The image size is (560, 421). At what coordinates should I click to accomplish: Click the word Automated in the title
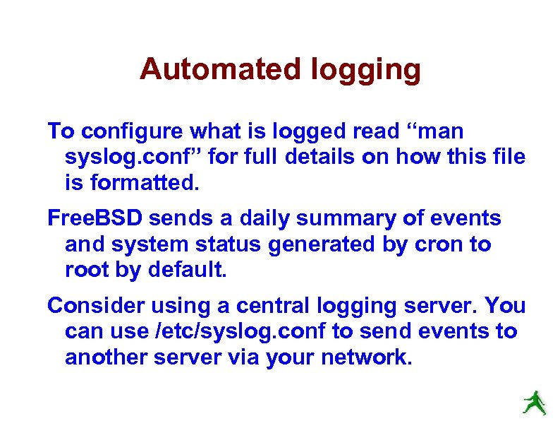pos(220,69)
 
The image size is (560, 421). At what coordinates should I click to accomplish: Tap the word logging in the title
pos(365,71)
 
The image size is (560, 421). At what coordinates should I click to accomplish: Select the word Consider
pos(92,307)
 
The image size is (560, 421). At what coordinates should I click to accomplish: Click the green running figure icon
pos(534,402)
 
